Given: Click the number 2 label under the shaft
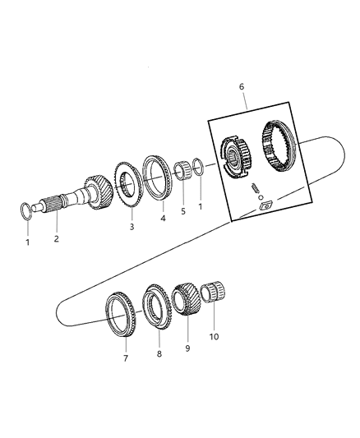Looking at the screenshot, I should tap(55, 239).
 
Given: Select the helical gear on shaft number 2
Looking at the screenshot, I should tap(99, 190).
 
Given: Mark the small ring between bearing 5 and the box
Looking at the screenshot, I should tap(199, 166).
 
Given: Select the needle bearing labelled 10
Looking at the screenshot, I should tap(215, 293).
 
